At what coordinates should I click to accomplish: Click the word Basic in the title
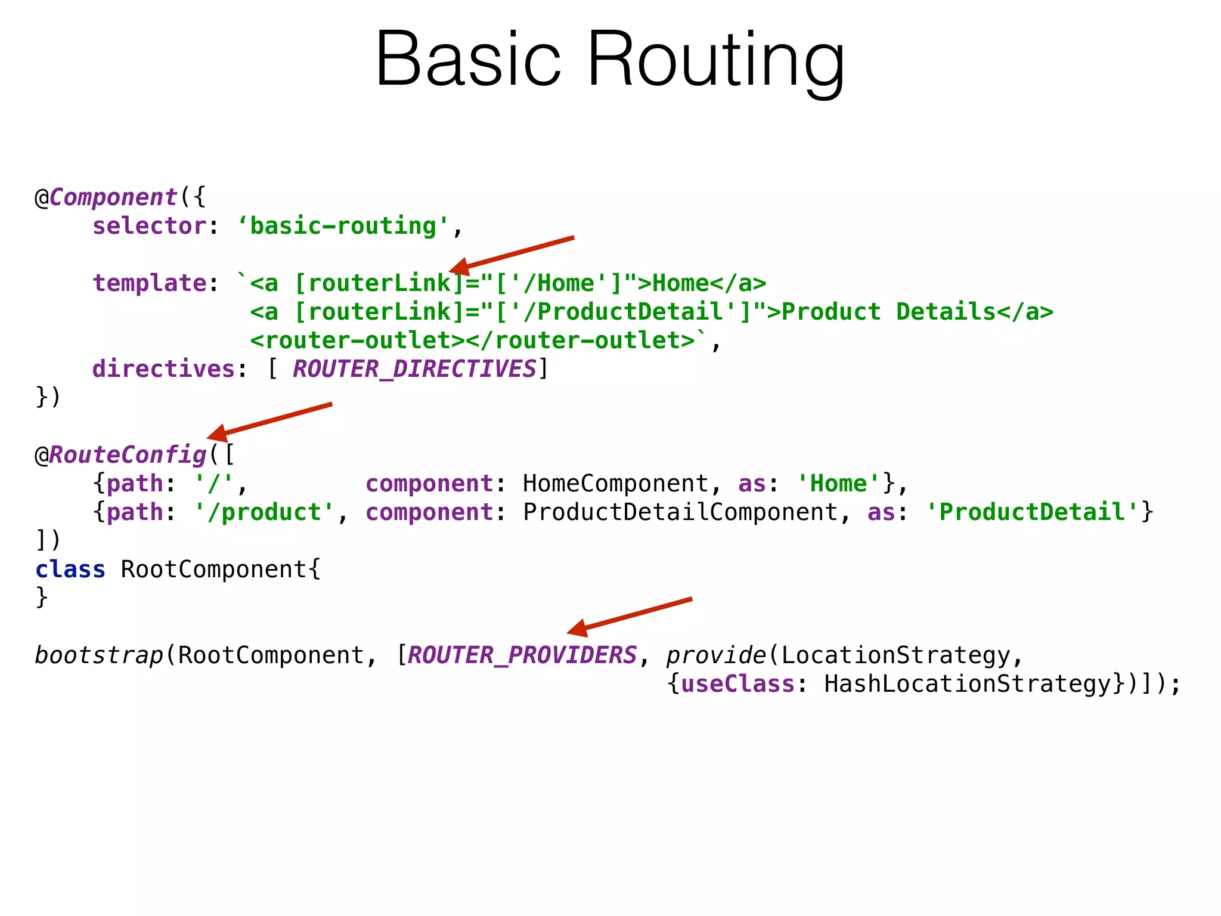[469, 60]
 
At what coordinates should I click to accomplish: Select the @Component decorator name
[113, 197]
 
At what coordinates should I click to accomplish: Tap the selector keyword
[149, 226]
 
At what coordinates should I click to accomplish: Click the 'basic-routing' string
[343, 226]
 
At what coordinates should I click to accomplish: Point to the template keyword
[149, 283]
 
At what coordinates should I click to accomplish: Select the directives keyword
[163, 369]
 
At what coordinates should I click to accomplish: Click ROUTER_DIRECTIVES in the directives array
[414, 369]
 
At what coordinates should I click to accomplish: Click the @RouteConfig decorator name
[128, 455]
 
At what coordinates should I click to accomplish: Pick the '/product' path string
[264, 512]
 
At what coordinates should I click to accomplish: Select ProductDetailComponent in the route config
[680, 512]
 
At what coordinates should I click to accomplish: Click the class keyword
[70, 570]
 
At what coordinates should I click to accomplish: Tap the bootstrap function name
[99, 655]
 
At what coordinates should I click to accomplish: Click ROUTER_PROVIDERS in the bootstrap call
[522, 655]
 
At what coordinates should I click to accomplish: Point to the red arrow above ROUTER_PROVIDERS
[630, 614]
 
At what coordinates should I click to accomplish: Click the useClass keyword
[737, 684]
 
